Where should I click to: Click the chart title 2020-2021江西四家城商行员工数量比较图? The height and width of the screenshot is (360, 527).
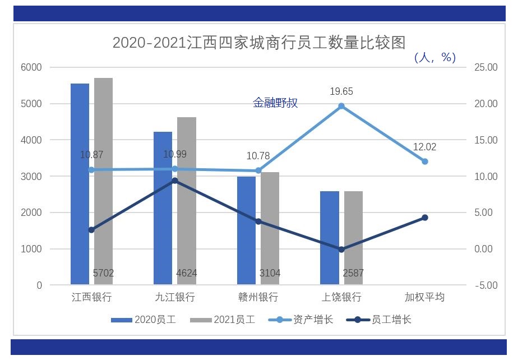pyautogui.click(x=258, y=43)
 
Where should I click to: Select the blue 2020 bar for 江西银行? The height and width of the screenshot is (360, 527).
pyautogui.click(x=80, y=185)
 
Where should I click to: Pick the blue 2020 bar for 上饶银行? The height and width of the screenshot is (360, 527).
pyautogui.click(x=330, y=238)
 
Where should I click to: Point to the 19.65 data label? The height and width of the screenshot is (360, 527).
pyautogui.click(x=341, y=91)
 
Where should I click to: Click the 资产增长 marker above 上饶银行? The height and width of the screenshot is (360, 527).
pyautogui.click(x=341, y=106)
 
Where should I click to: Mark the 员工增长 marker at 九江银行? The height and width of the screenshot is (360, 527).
pyautogui.click(x=175, y=181)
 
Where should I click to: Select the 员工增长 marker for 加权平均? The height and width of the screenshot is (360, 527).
pyautogui.click(x=425, y=218)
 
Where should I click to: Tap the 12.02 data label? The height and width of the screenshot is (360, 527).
pyautogui.click(x=424, y=147)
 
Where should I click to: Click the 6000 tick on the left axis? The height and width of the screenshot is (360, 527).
pyautogui.click(x=31, y=67)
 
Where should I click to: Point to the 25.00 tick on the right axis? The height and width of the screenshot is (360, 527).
pyautogui.click(x=486, y=67)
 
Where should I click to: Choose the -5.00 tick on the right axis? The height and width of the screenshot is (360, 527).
pyautogui.click(x=486, y=285)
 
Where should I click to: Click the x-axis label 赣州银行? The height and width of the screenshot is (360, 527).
pyautogui.click(x=258, y=297)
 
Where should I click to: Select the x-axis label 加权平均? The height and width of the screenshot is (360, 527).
pyautogui.click(x=424, y=297)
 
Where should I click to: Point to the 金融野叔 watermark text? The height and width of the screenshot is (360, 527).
pyautogui.click(x=275, y=103)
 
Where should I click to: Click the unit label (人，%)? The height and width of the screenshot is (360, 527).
pyautogui.click(x=434, y=57)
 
